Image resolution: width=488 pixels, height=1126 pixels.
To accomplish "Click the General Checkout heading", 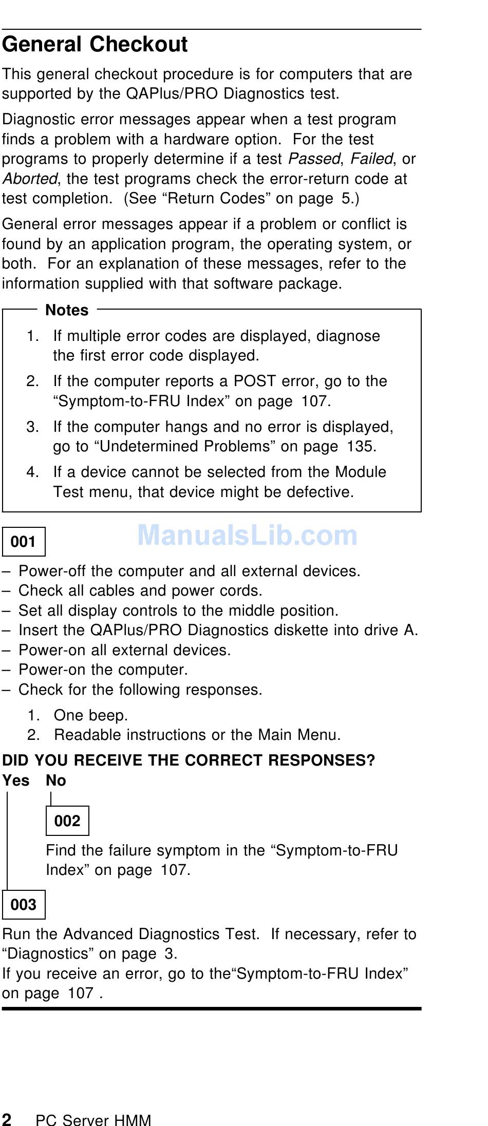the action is [x=95, y=45].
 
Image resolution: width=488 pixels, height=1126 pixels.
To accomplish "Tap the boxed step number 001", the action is [x=24, y=542].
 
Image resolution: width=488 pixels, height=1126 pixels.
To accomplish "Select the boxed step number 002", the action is [x=67, y=821].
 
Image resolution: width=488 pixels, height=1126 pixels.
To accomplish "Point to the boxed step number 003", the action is [x=24, y=904].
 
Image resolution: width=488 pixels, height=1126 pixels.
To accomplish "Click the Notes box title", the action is [x=67, y=310].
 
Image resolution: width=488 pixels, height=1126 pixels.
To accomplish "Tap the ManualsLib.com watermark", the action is [x=247, y=536].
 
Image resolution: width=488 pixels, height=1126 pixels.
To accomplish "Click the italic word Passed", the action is [x=314, y=159].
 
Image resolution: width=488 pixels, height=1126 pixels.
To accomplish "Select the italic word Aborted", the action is [x=29, y=179].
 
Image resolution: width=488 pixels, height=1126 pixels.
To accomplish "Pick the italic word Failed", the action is [x=371, y=159].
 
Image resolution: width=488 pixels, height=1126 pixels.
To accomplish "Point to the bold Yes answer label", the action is [x=15, y=780].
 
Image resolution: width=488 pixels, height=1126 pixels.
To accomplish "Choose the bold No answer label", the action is [x=55, y=780].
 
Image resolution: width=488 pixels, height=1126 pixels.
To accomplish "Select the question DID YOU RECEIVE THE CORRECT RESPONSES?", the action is [x=189, y=760].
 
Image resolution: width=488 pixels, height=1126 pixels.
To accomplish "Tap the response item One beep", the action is [x=91, y=715].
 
